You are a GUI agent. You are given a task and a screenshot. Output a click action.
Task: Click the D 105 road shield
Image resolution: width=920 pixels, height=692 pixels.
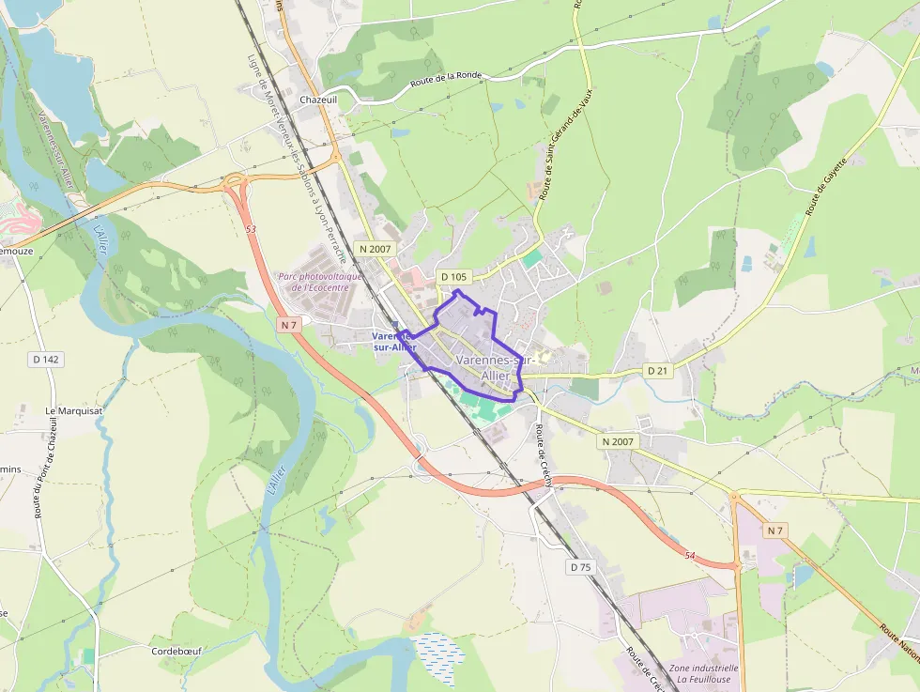453,277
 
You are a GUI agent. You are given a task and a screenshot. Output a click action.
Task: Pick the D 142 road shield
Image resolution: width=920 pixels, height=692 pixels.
45,359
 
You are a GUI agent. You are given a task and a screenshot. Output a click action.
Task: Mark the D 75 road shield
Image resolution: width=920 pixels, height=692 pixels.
581,567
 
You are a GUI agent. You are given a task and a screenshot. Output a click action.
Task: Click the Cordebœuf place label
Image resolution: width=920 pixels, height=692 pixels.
177,651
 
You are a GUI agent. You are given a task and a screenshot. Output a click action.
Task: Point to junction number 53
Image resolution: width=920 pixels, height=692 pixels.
251,229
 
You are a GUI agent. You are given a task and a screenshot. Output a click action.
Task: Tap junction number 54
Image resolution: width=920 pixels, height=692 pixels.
690,556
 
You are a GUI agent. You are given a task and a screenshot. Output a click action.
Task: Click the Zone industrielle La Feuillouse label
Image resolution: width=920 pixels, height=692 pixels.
704,674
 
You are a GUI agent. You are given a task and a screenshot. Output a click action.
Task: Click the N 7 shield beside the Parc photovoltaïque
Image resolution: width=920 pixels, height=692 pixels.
288,325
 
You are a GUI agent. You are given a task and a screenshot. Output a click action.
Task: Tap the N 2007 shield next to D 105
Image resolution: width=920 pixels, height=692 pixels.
374,249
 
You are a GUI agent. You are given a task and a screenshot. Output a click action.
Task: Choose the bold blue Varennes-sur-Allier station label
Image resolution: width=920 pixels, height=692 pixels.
394,341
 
